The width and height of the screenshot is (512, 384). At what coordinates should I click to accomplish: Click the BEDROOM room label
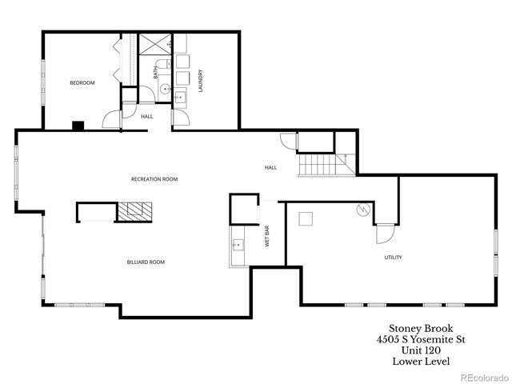click(82, 83)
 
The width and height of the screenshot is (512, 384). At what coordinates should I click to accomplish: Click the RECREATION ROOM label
click(154, 179)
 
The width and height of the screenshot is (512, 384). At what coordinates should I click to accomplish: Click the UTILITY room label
click(393, 257)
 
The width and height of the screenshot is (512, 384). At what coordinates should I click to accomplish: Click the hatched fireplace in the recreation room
click(134, 211)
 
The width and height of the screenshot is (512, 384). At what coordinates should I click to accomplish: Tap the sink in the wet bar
click(238, 245)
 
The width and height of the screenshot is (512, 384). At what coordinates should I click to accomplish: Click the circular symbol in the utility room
click(362, 210)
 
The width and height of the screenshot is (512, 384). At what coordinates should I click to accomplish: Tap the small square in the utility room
click(305, 218)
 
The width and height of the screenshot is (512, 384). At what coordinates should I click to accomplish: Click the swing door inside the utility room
click(383, 234)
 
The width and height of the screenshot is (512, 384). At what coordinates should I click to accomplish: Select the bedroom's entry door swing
click(110, 120)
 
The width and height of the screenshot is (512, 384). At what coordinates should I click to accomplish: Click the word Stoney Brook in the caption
click(416, 328)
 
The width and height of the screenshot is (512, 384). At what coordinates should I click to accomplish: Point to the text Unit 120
click(416, 350)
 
